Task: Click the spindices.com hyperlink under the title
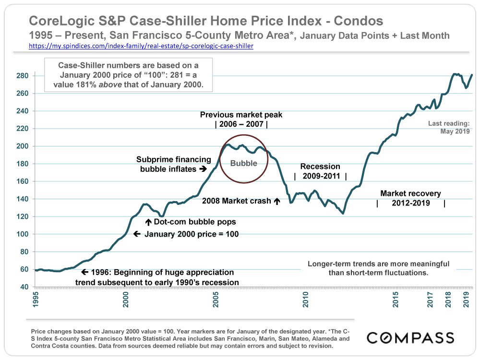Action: point(141,47)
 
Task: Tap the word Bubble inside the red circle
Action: point(244,163)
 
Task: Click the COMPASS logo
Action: point(410,337)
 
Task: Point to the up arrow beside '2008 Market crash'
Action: point(276,202)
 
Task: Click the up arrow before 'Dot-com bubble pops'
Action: point(148,222)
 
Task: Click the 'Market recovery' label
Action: point(410,193)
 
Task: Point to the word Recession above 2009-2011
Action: point(320,167)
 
